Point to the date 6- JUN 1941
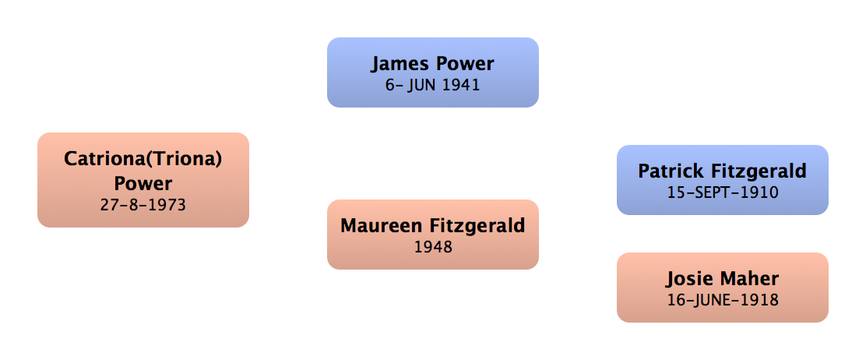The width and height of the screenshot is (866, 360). [433, 85]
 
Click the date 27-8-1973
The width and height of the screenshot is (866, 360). [143, 205]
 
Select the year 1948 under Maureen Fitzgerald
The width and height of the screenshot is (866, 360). [433, 247]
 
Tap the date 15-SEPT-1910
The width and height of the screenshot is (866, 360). [722, 192]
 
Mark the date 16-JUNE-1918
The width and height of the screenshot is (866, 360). [722, 299]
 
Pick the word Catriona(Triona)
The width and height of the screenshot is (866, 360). [143, 159]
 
